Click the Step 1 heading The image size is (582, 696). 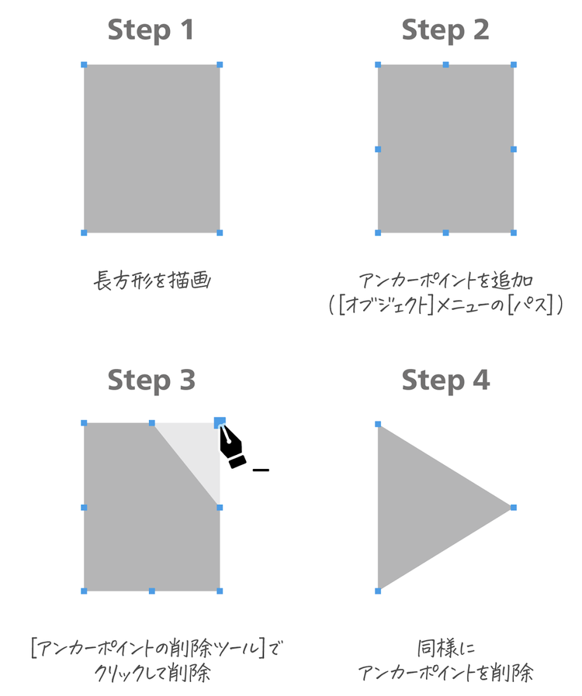point(151,30)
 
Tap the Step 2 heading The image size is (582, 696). point(445,30)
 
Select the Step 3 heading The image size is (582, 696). point(151,381)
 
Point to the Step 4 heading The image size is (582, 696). point(445,381)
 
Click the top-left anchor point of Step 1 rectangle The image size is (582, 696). point(84,65)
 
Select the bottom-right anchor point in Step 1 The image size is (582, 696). point(220,233)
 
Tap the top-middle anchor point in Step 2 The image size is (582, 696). point(445,65)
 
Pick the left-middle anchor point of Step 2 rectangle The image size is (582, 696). point(378,149)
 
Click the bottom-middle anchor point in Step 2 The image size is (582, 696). point(445,233)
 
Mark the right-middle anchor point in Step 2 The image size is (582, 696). point(514,149)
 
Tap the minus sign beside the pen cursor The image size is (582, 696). point(261,470)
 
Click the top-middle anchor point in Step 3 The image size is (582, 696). point(152,423)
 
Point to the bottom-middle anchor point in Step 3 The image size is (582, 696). point(152,591)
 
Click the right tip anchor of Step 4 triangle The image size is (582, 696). point(514,508)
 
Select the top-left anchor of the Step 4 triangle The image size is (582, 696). point(378,424)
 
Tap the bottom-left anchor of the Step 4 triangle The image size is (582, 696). point(378,591)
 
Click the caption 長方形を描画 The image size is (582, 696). point(152,281)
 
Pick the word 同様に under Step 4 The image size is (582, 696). point(445,649)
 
